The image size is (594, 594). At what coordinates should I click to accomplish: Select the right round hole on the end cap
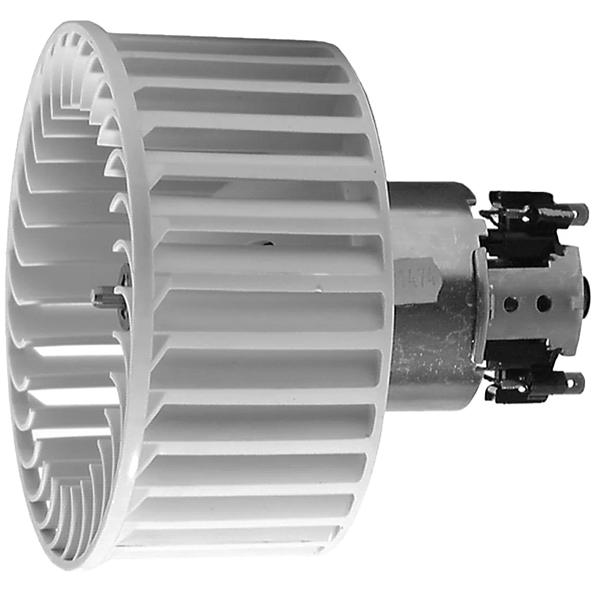542,304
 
